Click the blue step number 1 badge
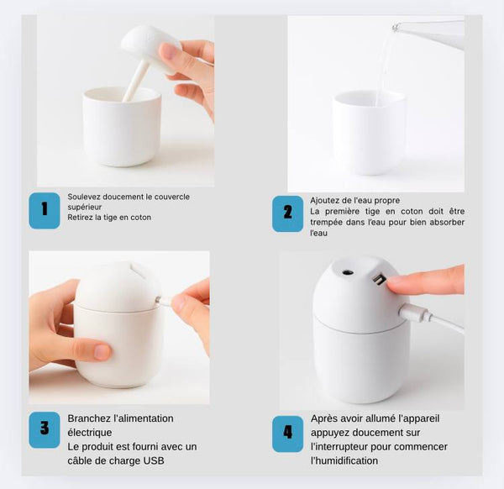(45, 211)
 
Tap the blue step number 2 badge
(287, 213)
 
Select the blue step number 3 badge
(45, 430)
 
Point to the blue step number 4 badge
(287, 434)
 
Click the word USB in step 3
(154, 460)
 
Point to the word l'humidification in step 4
(344, 460)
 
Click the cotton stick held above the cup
(135, 81)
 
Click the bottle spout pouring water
(396, 28)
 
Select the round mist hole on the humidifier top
(347, 272)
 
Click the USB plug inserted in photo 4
(415, 313)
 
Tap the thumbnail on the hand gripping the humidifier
(102, 352)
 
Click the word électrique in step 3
(90, 433)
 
